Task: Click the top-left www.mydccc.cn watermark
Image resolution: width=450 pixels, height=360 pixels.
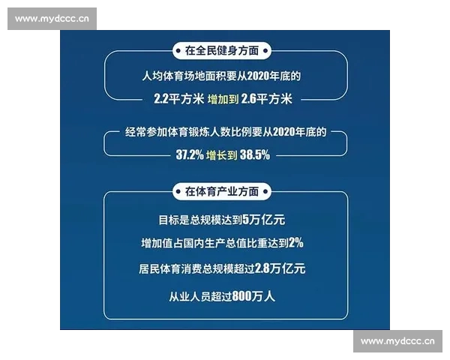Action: [52, 19]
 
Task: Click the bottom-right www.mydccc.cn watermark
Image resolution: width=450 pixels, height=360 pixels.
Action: [397, 341]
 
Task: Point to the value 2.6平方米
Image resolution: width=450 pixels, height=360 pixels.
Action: [271, 97]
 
